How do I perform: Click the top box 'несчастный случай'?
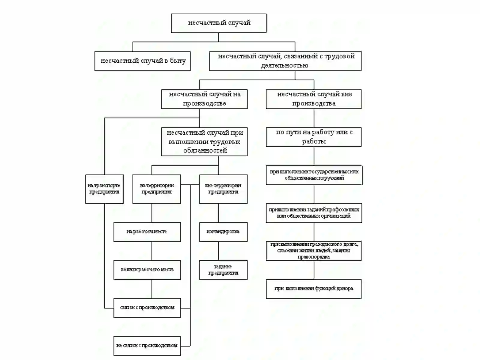[219, 23]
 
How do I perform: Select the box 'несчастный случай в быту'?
[142, 61]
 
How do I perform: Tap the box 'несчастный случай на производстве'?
[204, 99]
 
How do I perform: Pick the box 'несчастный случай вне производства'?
[313, 99]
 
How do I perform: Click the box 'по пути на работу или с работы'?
[313, 137]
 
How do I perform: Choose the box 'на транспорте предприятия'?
[104, 189]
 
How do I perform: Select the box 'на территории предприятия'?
[157, 189]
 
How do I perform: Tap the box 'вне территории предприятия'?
[223, 189]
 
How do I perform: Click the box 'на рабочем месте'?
[147, 232]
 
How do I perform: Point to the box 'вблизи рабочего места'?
[147, 270]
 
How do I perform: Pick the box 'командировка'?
[223, 232]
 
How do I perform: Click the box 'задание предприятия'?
[223, 270]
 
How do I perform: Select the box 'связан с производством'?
[147, 307]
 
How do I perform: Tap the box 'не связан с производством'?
[147, 346]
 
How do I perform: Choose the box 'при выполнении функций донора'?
[313, 289]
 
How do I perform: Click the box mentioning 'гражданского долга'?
[313, 250]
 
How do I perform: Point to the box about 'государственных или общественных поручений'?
[314, 175]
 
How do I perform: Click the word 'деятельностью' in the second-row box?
[284, 65]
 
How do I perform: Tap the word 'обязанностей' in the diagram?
[205, 151]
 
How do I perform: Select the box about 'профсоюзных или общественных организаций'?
[314, 213]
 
